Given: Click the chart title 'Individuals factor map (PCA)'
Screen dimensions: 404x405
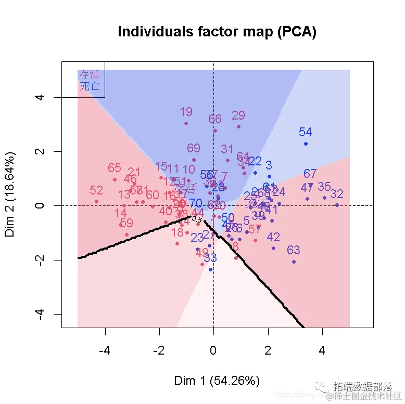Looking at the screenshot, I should (x=217, y=32).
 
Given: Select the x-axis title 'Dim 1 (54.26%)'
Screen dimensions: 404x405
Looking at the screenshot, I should (x=217, y=381).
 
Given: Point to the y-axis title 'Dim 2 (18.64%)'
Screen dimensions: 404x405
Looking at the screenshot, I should (x=11, y=194).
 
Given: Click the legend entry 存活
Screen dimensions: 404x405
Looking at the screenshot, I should (x=89, y=75).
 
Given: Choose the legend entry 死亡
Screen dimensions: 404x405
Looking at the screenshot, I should (x=89, y=86).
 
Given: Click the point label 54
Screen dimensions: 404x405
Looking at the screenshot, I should (x=305, y=133).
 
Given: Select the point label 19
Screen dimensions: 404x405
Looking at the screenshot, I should (x=186, y=112).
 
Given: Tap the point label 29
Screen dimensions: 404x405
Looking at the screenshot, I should (x=238, y=115).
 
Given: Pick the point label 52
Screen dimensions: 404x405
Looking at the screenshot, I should (x=96, y=191).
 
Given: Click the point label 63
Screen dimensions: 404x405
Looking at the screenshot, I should (x=294, y=251).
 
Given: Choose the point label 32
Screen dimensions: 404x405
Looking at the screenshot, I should (x=337, y=194).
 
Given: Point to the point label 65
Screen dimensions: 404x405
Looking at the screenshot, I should (x=115, y=168).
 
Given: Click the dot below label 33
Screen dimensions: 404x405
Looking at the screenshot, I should (x=210, y=269).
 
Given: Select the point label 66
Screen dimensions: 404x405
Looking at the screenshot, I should (x=215, y=119).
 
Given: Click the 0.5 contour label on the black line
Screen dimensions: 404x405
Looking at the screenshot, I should (x=197, y=219).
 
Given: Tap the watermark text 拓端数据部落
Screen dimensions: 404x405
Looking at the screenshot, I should (x=363, y=386).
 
